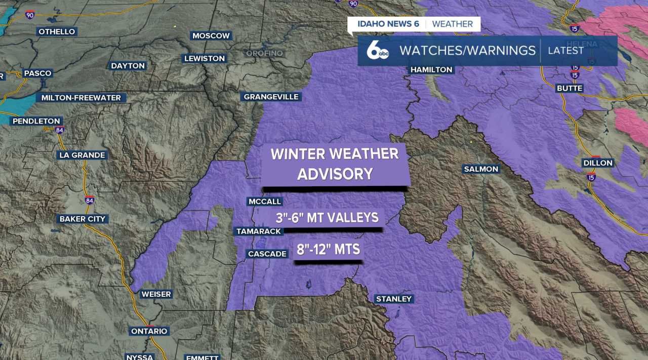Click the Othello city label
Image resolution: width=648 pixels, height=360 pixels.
coord(57,32)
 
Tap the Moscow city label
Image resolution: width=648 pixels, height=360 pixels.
coord(211,36)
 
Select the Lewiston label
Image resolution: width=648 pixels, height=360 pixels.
coord(205,59)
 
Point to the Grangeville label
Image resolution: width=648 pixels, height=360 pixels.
coord(271,97)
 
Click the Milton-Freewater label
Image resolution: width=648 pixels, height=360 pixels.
coord(81,98)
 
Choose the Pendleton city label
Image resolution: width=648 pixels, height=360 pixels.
coord(36,122)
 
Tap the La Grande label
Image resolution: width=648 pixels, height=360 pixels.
coord(82,155)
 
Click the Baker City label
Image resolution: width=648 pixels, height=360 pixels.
coord(82,219)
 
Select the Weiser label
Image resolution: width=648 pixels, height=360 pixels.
coord(156,294)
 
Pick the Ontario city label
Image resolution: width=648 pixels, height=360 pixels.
coord(149,332)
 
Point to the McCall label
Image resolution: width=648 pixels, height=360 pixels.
coord(264,202)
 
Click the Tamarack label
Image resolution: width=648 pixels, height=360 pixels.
coord(258,231)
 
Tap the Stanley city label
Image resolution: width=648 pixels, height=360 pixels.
coord(394,299)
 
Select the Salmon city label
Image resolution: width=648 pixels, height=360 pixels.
coord(481,169)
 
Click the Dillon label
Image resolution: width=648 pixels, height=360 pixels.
coord(598,163)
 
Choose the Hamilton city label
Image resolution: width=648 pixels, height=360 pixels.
coord(431,70)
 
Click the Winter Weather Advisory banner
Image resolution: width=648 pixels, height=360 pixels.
coord(335,164)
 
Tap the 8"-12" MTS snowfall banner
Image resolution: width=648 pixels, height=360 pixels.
coord(328,250)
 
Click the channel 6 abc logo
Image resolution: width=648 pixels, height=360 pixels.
coord(377,51)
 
